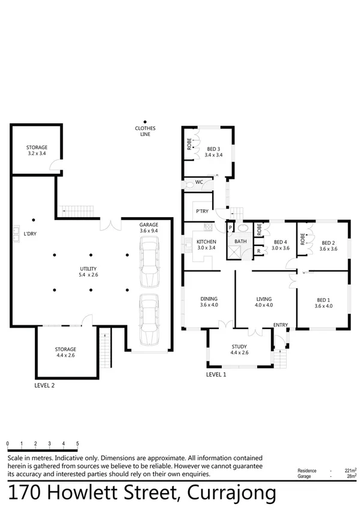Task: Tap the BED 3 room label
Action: [x=213, y=152]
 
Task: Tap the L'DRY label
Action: [x=30, y=233]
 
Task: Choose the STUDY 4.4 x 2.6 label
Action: [x=243, y=349]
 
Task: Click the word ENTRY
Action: [x=280, y=325]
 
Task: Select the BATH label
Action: [x=240, y=242]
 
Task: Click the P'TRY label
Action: [x=202, y=210]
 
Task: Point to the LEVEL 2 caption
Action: [x=44, y=386]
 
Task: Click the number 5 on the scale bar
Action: [x=78, y=444]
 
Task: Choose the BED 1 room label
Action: [x=323, y=303]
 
